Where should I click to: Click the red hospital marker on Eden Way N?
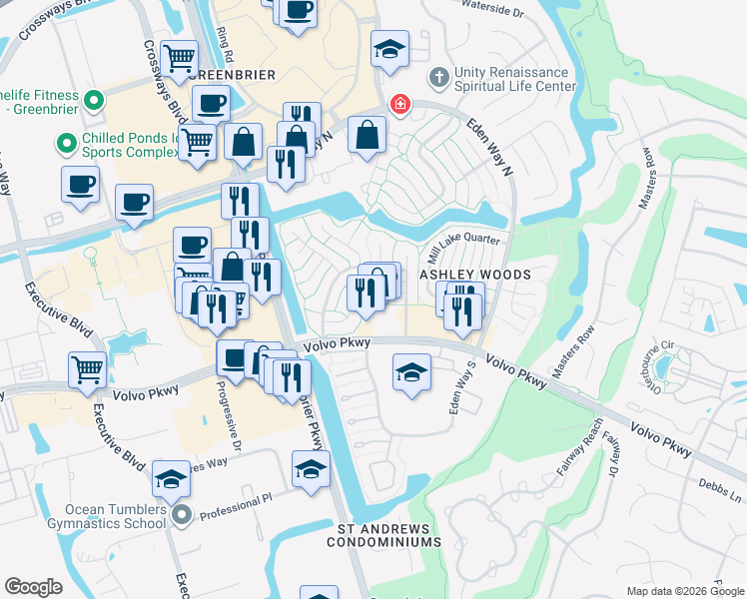point(399,105)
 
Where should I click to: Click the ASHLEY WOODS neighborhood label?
point(473,275)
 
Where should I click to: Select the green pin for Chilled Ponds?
point(67,145)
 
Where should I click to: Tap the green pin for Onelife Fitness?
point(94,100)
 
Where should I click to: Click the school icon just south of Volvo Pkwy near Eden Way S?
point(411,373)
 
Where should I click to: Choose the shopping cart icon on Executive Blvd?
point(87,369)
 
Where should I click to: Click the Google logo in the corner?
point(33,587)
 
